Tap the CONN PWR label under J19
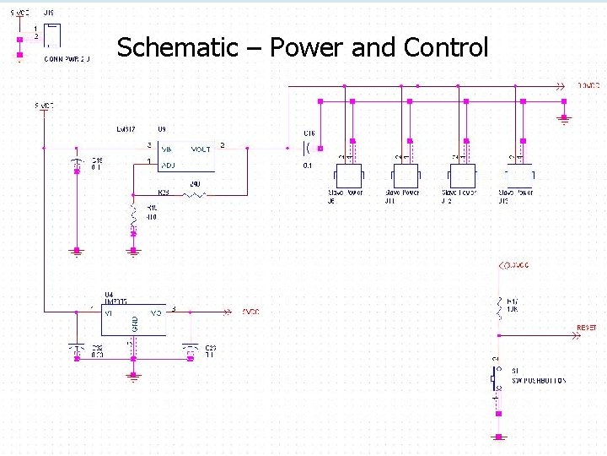67,59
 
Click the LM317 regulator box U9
186,157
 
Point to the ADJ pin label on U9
169,165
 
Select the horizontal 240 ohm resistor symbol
195,195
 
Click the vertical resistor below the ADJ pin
132,217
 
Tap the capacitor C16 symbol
308,149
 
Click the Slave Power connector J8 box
348,176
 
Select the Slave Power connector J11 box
405,176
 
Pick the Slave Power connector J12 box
462,176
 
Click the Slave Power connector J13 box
518,176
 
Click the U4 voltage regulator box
133,318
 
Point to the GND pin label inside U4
135,323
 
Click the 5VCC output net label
250,312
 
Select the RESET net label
586,328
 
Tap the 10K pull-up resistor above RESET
499,307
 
